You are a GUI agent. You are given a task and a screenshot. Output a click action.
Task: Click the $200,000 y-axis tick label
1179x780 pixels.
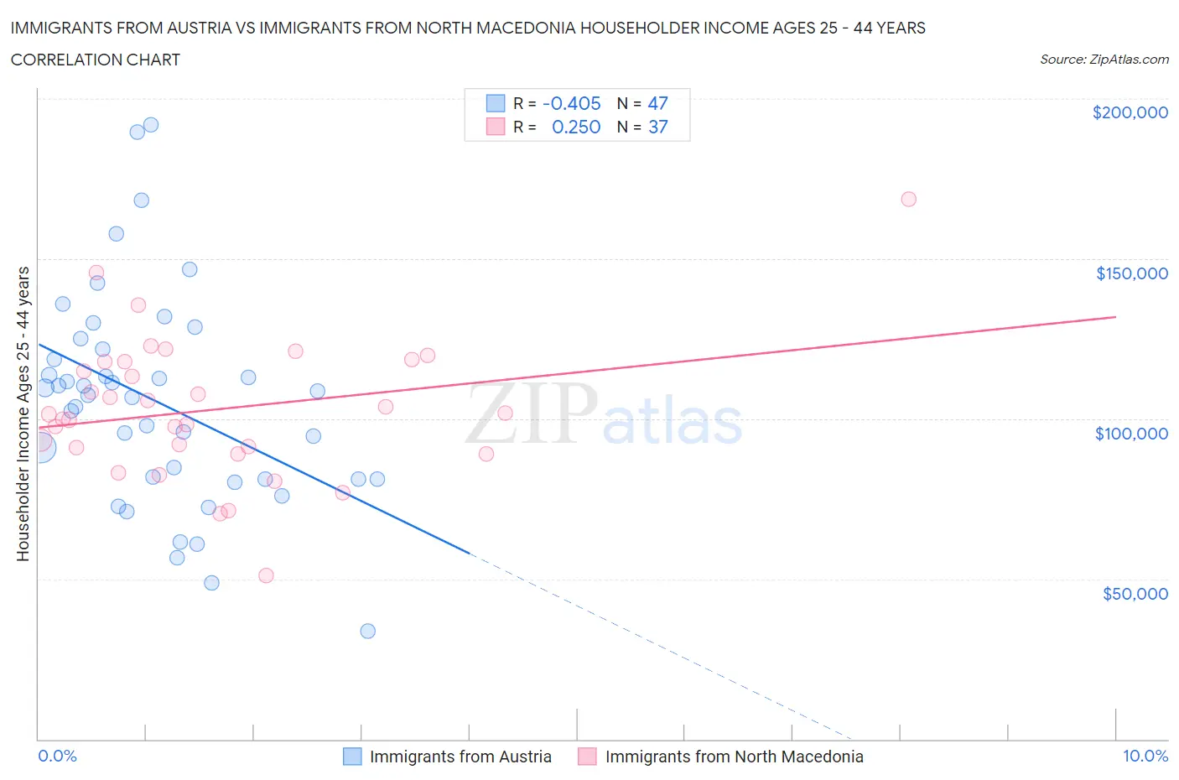pos(1130,112)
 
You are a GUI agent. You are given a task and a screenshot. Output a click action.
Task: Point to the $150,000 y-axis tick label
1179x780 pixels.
pos(1131,273)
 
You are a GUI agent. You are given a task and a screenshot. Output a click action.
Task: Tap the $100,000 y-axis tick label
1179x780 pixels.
pos(1131,434)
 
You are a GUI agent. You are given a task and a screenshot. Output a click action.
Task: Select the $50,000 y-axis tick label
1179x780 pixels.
pos(1135,594)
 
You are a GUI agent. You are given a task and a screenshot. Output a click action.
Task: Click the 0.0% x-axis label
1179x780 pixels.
pos(57,756)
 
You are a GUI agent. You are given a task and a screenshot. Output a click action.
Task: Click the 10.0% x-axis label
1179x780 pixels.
pos(1145,756)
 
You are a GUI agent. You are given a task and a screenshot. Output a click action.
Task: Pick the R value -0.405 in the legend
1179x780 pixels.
pos(572,103)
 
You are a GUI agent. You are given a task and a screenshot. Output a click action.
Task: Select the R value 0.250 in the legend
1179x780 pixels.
pos(576,127)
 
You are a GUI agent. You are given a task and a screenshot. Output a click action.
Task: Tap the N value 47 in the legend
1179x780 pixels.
pos(657,103)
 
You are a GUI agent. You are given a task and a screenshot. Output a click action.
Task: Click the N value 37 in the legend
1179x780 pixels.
pos(657,127)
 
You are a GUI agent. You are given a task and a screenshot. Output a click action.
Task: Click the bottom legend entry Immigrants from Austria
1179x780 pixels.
pos(460,757)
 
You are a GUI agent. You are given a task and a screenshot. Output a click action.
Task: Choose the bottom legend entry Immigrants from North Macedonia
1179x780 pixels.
pos(734,757)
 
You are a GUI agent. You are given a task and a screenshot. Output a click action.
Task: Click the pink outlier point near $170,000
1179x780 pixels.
pos(908,200)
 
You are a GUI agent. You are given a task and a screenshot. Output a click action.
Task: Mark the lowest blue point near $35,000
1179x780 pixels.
pos(367,631)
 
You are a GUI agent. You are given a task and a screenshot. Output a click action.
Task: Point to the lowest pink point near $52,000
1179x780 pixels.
pos(266,575)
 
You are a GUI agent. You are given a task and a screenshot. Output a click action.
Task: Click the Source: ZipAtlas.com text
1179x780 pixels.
pos(1104,59)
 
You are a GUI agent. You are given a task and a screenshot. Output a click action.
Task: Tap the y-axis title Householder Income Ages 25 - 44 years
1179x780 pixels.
pos(23,413)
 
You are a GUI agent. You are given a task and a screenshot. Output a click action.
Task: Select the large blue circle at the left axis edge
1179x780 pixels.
pos(39,447)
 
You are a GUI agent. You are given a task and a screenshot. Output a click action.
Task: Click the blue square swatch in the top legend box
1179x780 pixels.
pos(496,103)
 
